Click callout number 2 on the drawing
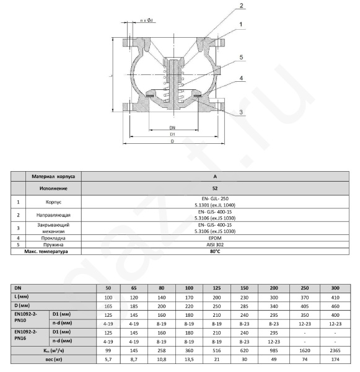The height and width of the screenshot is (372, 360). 241,6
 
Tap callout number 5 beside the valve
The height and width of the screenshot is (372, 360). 241,57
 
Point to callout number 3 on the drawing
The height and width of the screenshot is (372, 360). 241,112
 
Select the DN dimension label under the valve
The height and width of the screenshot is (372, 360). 172,128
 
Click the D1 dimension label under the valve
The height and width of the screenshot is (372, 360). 172,135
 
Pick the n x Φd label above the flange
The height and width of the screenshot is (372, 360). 147,20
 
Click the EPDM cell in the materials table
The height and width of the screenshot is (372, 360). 215,238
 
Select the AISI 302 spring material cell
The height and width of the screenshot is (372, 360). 215,245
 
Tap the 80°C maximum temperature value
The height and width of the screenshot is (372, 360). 215,251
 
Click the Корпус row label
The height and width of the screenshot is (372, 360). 53,202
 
